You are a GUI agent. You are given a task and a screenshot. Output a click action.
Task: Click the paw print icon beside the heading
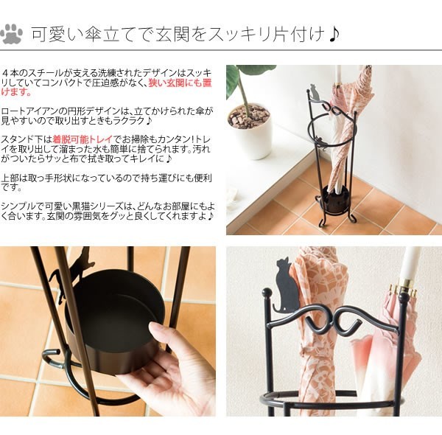(x=13, y=34)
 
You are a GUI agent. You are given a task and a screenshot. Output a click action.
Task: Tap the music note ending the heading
(x=334, y=35)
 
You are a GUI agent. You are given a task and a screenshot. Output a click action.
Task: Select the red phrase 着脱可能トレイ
(x=80, y=139)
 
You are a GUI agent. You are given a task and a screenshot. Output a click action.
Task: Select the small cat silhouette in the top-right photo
(x=315, y=93)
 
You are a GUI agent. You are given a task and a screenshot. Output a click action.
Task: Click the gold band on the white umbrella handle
(x=407, y=289)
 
